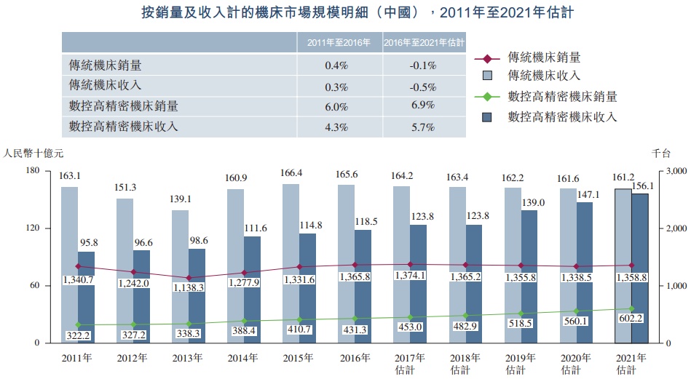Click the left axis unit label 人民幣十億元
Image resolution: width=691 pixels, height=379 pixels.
33,153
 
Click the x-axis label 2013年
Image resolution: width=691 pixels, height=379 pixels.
188,358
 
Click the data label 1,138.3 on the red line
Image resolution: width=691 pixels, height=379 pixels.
189,288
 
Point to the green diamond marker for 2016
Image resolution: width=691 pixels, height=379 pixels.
355,319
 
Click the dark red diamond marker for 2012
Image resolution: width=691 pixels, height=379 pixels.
133,272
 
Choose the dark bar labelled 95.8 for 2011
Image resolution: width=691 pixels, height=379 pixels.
87,297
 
